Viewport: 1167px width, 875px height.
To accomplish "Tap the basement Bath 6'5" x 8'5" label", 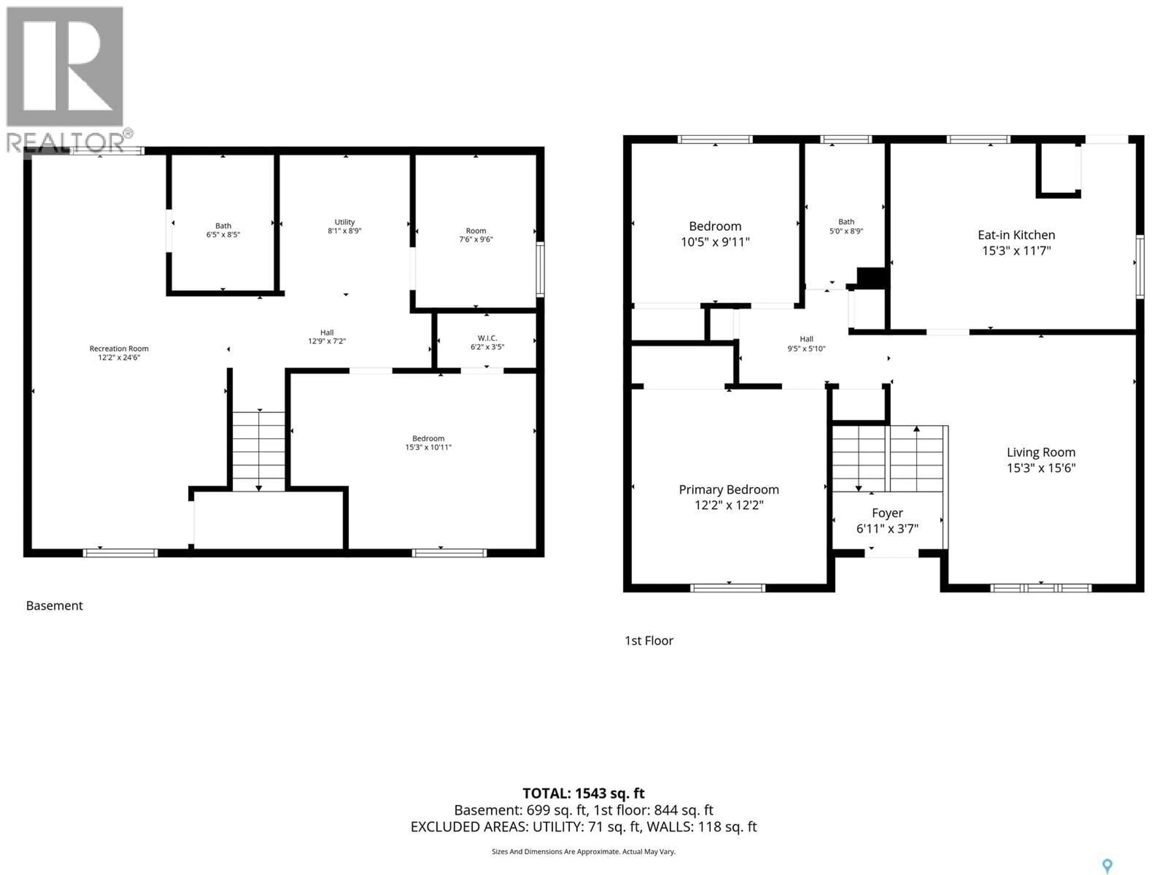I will point(223,230).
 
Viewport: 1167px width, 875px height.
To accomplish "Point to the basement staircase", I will point(259,451).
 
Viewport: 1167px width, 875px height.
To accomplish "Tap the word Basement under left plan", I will point(54,606).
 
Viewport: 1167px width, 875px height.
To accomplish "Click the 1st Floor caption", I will point(649,640).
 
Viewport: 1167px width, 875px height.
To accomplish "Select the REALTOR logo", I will point(66,79).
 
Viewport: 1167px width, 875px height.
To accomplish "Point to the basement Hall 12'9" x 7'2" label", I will point(327,337).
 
